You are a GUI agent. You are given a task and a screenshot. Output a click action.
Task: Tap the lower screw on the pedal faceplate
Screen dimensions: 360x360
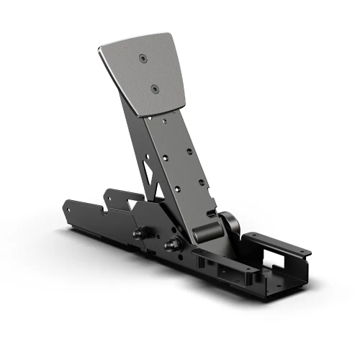[154, 89]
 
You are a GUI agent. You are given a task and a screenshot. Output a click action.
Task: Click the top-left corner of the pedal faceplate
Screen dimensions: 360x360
[99, 51]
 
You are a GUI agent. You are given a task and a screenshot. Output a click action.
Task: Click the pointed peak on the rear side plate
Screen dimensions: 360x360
[108, 192]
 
